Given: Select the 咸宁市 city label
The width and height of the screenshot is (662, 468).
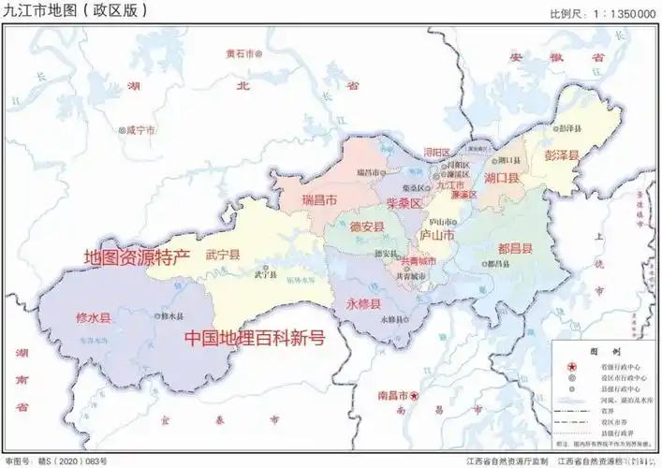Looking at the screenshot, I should point(141,130).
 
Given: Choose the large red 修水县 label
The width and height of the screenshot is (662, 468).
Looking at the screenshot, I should point(93,318).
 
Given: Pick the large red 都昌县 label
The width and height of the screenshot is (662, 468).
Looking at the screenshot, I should point(516,248).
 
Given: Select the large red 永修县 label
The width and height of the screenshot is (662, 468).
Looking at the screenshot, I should point(363,304).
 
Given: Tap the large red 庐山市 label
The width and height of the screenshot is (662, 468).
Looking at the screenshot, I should point(435,234).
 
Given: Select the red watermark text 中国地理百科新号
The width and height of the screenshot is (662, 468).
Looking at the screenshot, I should point(254,338).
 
